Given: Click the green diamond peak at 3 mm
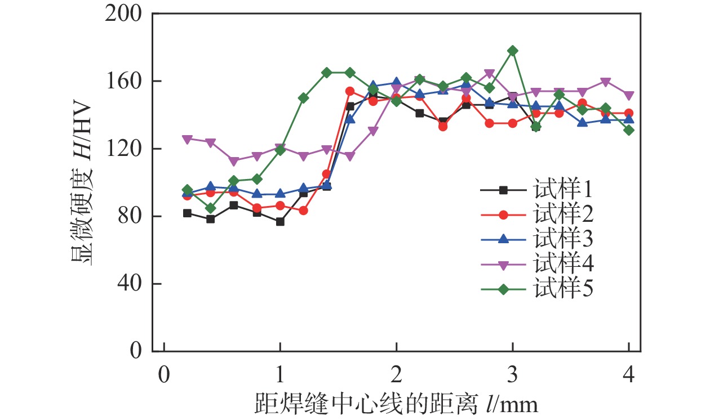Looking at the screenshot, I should [x=513, y=51].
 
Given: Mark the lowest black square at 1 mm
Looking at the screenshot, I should [x=280, y=222].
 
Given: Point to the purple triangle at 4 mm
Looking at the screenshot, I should [x=629, y=95].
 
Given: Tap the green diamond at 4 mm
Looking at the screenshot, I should [x=629, y=130].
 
